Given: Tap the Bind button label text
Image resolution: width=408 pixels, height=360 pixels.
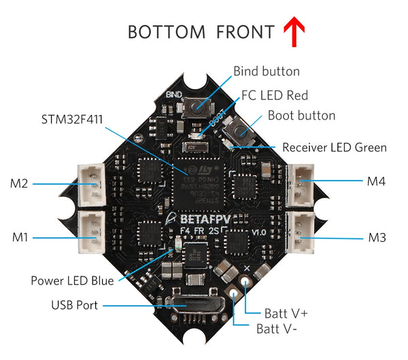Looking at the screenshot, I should [266, 71].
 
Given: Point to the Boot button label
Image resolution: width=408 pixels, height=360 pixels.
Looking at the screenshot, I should [301, 115].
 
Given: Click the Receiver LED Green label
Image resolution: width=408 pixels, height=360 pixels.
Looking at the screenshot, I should [334, 147].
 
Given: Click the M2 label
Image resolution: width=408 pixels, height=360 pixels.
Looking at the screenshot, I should [19, 183].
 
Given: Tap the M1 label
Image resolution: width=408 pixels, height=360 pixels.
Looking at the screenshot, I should [19, 237].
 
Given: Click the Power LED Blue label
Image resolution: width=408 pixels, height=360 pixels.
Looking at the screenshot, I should [72, 280].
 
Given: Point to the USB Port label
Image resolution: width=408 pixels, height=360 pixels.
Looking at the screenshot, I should [74, 305].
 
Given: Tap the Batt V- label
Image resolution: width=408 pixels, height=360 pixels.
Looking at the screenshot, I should [275, 329].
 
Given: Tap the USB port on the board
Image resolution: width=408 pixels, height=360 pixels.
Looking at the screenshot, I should [198, 308].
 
